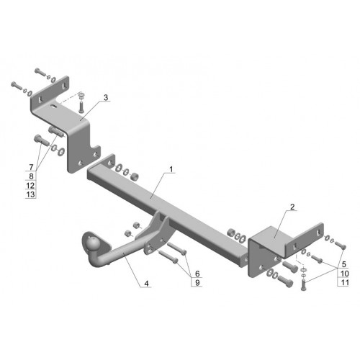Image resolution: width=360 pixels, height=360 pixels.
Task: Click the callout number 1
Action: click(171, 169)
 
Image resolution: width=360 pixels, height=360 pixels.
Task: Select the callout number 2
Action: click(292, 207)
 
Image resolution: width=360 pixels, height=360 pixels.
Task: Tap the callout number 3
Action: click(106, 98)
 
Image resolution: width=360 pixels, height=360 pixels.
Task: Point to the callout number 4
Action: click(146, 283)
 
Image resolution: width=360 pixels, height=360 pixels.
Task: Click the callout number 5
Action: click(344, 264)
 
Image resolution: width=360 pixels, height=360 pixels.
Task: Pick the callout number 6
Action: click(197, 274)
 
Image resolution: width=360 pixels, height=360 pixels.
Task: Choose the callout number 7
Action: click(31, 167)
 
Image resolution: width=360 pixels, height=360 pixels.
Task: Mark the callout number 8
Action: click(31, 176)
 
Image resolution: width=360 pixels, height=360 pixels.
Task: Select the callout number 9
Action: click(197, 282)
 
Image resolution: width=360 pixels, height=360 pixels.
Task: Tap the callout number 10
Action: click(345, 274)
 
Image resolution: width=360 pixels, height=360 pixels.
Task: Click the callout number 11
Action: click(345, 282)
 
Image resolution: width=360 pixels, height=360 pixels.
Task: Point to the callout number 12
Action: click(30, 185)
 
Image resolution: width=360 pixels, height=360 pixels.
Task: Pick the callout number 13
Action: click(30, 194)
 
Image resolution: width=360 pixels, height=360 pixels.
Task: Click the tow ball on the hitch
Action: click(94, 243)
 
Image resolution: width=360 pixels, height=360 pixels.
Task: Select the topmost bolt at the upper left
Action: click(40, 72)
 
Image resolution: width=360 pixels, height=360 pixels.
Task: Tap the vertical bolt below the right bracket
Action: click(303, 285)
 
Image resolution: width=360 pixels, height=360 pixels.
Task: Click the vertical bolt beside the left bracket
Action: click(81, 107)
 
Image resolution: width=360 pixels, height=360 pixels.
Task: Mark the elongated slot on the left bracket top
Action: click(54, 106)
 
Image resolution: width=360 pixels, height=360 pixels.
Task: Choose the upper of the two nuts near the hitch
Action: click(136, 225)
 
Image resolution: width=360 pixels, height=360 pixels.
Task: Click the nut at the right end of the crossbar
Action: click(231, 233)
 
